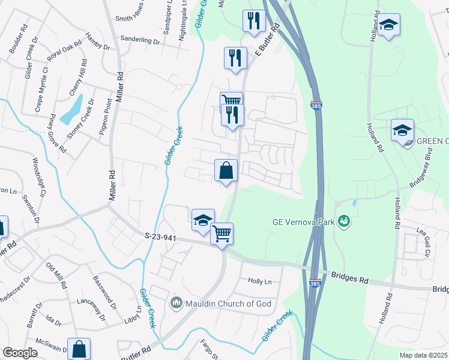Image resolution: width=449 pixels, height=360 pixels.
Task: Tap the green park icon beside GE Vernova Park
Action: click(344, 221)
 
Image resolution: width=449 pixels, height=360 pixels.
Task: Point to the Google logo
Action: click(20, 353)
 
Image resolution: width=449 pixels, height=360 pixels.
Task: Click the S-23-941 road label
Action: click(160, 238)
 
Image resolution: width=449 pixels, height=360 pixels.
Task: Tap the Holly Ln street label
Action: click(260, 281)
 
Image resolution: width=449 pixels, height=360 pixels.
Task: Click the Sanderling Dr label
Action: click(140, 42)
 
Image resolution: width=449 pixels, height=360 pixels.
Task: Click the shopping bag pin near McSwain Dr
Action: click(79, 350)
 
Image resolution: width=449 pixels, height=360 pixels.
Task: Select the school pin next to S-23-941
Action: click(203, 221)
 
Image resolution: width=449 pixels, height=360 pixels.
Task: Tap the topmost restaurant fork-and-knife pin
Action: click(253, 21)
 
